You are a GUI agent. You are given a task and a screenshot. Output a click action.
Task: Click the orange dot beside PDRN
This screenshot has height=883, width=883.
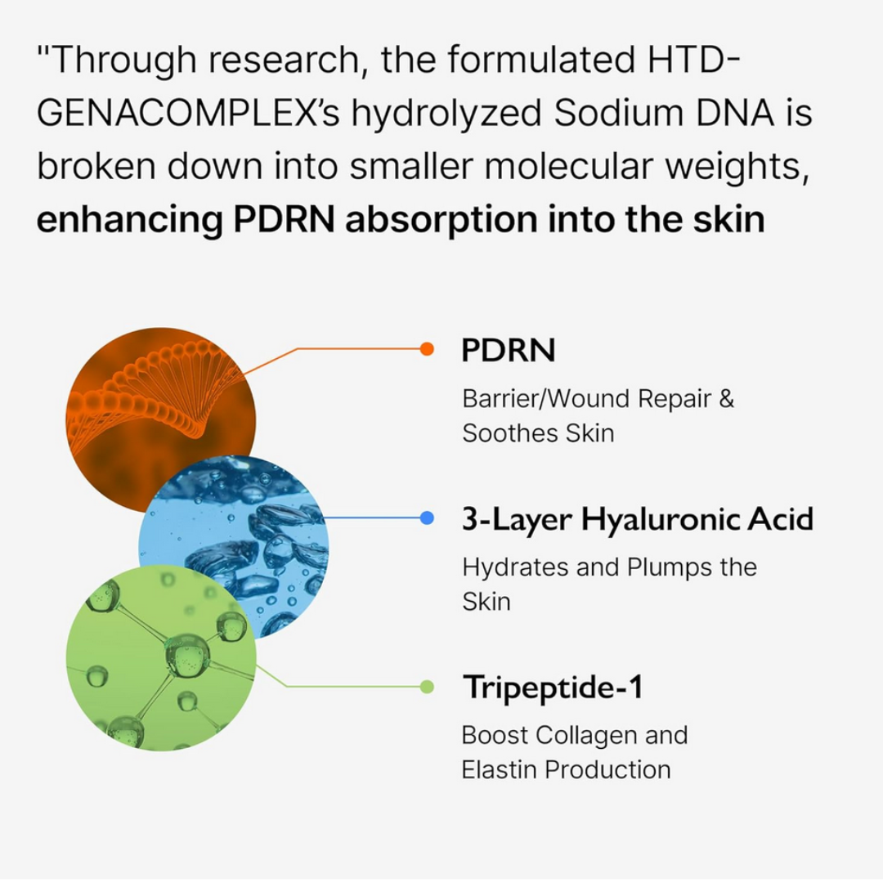[427, 349]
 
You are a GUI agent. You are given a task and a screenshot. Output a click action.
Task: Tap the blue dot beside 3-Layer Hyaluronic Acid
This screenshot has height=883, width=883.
[427, 518]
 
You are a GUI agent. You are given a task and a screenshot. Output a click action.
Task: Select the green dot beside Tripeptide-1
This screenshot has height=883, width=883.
[427, 687]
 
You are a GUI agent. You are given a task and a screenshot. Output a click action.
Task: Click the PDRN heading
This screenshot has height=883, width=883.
[508, 350]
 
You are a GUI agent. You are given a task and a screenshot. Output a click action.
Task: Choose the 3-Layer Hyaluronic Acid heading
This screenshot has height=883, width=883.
[638, 519]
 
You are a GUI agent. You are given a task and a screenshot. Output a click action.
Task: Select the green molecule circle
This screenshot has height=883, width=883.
[161, 657]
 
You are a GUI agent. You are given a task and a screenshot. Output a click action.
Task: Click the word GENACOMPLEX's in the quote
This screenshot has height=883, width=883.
[189, 113]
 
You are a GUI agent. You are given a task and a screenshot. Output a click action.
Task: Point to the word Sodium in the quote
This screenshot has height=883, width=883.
[618, 113]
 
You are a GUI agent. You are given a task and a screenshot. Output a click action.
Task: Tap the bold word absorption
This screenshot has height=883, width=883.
[441, 221]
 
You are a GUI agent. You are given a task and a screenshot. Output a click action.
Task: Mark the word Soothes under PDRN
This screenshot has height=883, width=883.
[509, 433]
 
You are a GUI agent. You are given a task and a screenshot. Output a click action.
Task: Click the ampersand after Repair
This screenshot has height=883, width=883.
[727, 399]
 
